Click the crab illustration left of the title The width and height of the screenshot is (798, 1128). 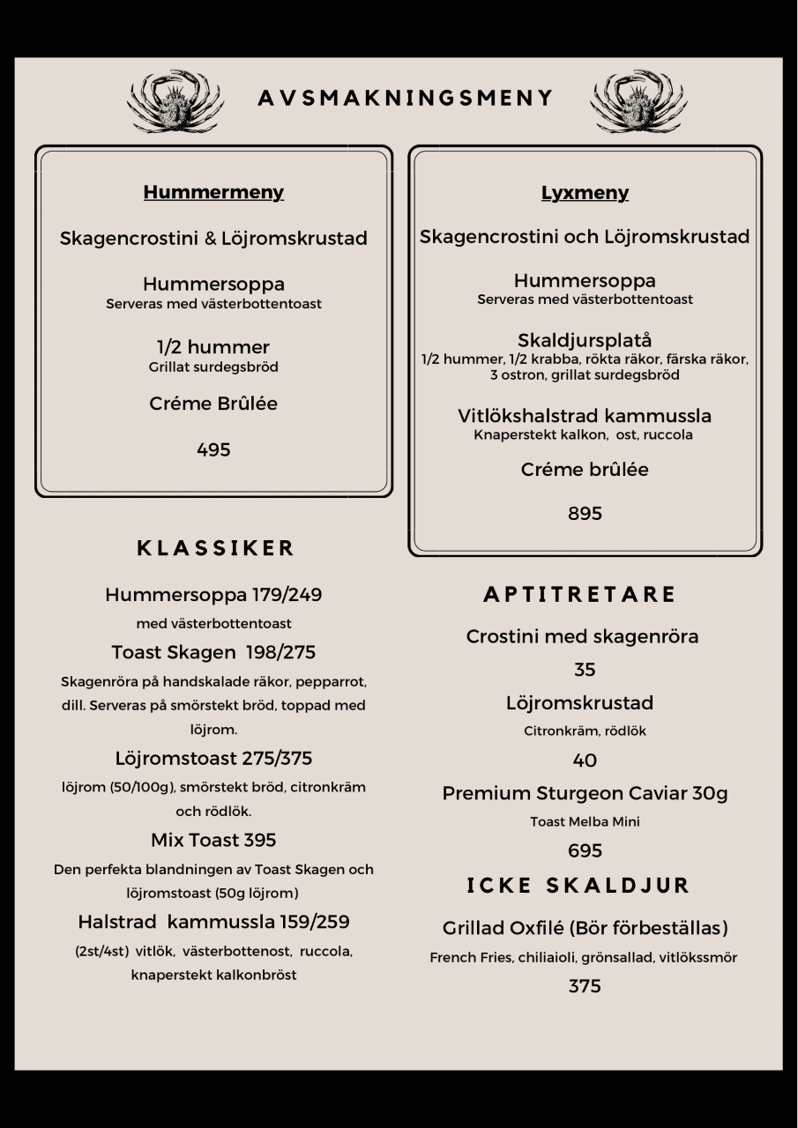tap(175, 101)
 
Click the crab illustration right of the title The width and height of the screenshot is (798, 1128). tap(638, 101)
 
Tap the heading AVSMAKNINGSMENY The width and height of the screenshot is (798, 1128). tap(406, 98)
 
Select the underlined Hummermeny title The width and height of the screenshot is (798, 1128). tap(213, 192)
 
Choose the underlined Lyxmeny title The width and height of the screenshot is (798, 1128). tap(585, 193)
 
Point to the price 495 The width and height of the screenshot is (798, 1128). tap(213, 449)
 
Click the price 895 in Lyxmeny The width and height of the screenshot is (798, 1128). tap(585, 513)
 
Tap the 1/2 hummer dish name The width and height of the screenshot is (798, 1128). tap(213, 346)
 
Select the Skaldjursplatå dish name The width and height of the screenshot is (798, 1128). tap(585, 340)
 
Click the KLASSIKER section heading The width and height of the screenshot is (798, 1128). tap(216, 548)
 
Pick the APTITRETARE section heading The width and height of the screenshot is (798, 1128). tap(580, 595)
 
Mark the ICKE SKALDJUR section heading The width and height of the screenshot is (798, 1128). tap(578, 886)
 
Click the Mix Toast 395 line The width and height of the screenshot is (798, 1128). tap(213, 840)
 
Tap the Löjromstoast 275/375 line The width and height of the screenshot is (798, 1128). tap(213, 758)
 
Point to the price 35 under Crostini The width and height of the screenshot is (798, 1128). tap(585, 670)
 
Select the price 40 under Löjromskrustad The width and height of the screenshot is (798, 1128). tap(585, 760)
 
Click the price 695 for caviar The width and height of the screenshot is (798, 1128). tap(585, 850)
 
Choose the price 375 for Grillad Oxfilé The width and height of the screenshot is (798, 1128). tap(585, 985)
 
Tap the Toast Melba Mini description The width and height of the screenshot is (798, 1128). tap(585, 821)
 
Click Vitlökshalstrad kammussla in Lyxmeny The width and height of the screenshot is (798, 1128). tap(585, 415)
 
